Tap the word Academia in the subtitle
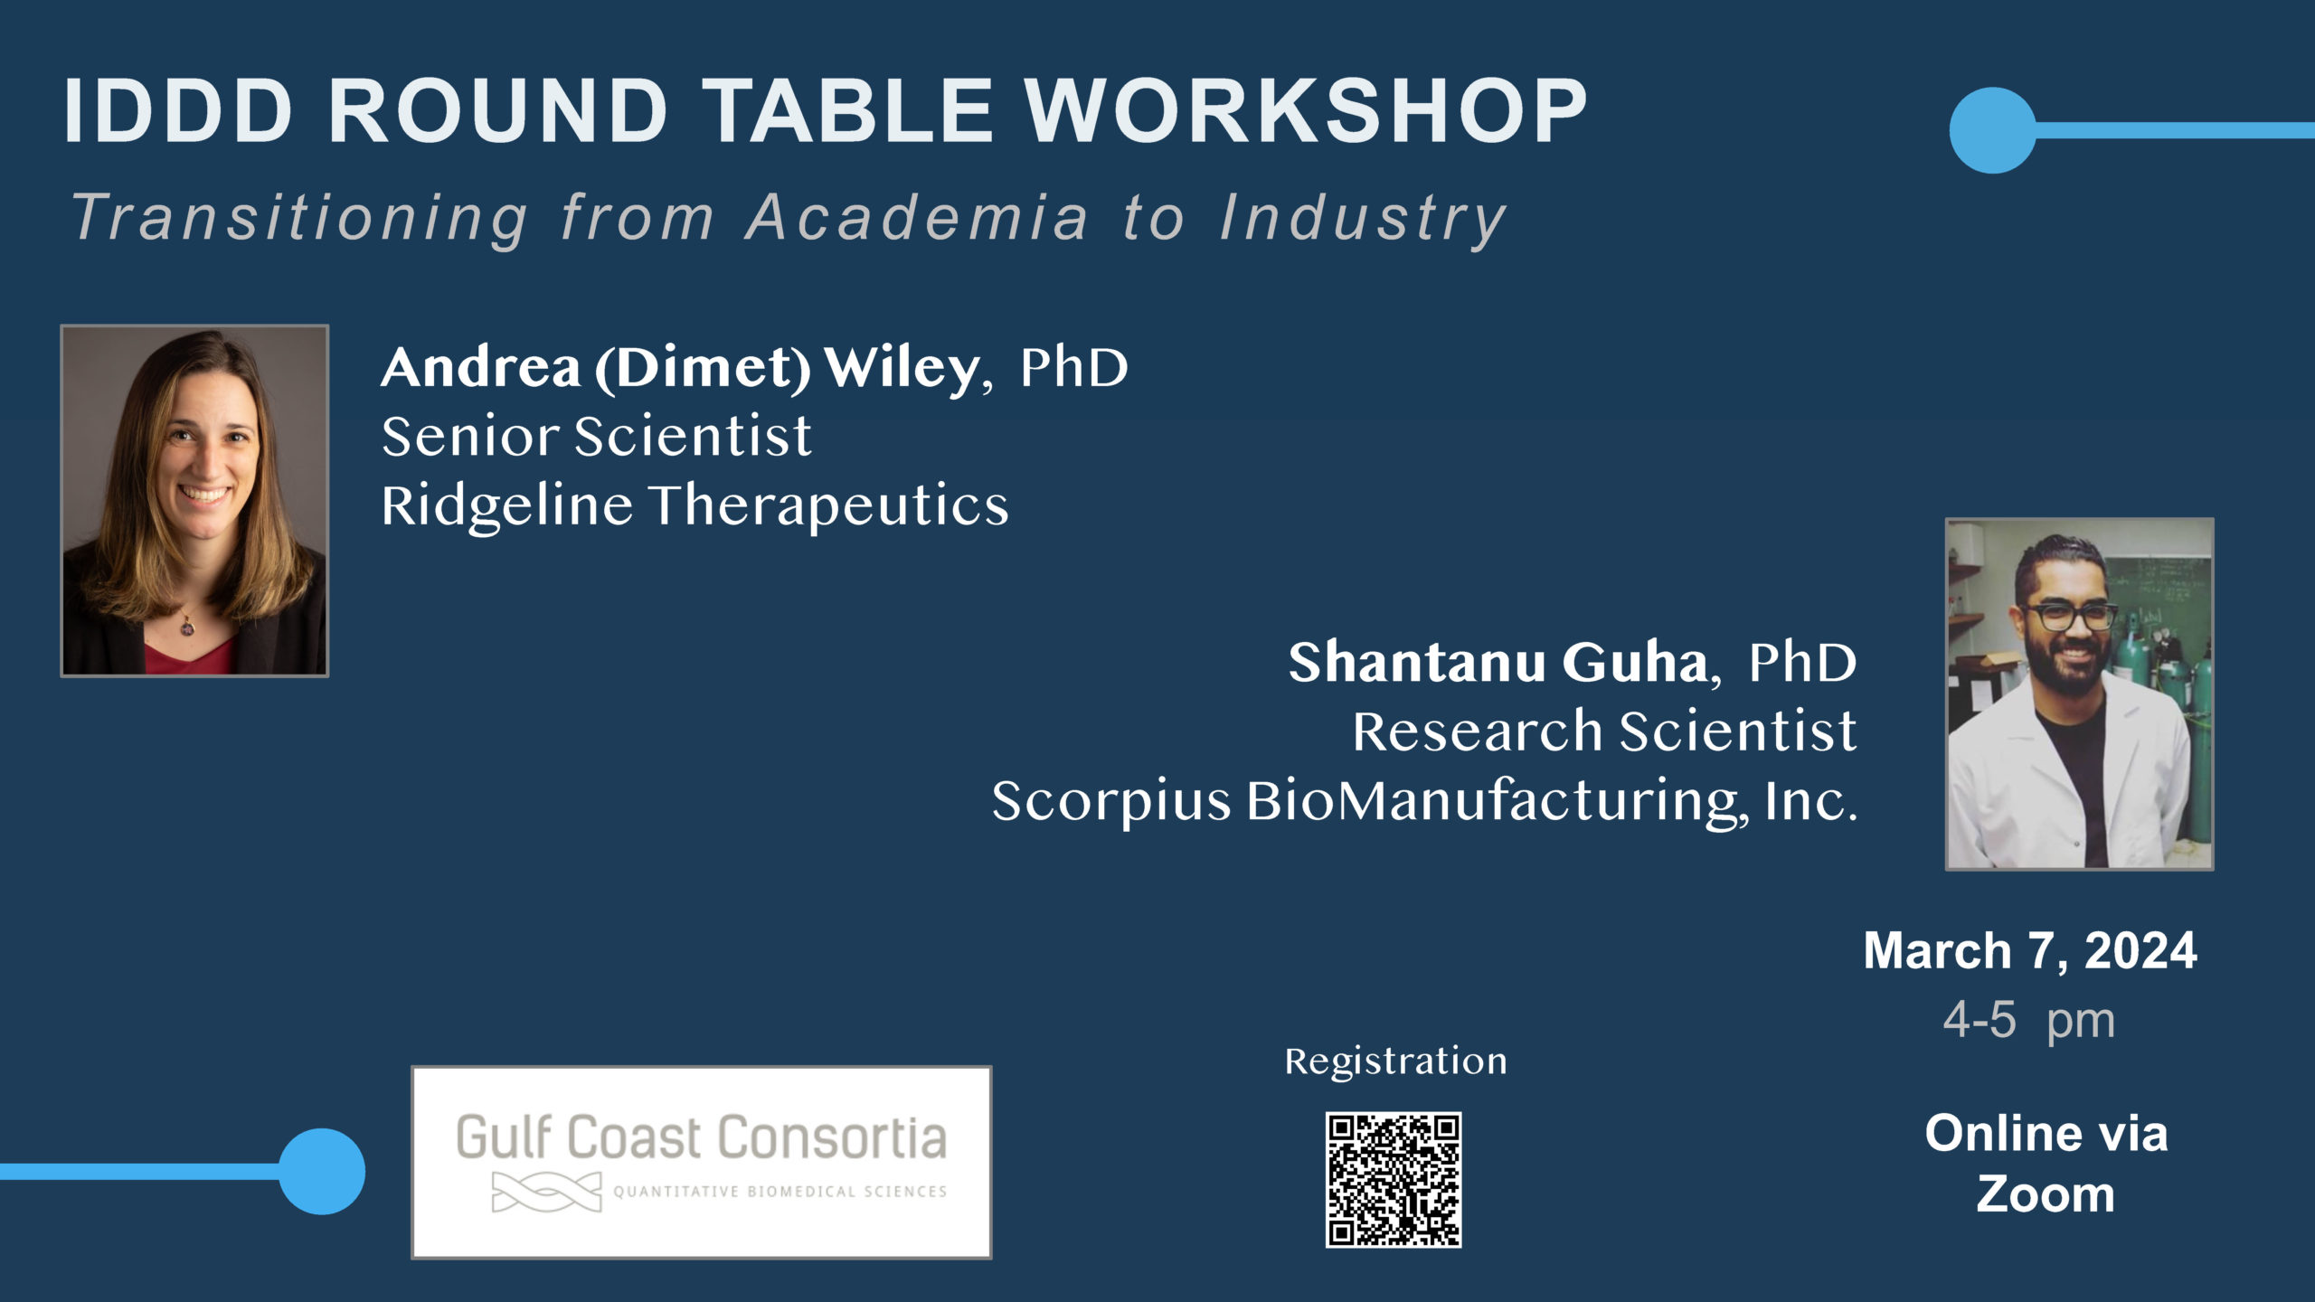tap(917, 218)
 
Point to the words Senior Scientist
tap(597, 436)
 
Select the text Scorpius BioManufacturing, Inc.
tap(1425, 801)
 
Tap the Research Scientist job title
tap(1605, 731)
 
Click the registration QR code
tap(1394, 1180)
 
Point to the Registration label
tap(1395, 1061)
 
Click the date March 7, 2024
tap(2030, 951)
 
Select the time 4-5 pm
tap(2029, 1021)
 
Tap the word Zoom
tap(2046, 1194)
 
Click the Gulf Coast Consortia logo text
tap(701, 1137)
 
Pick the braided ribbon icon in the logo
tap(546, 1192)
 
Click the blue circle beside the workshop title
tap(1992, 130)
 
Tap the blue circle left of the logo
tap(322, 1172)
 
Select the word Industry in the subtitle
tap(1363, 220)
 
